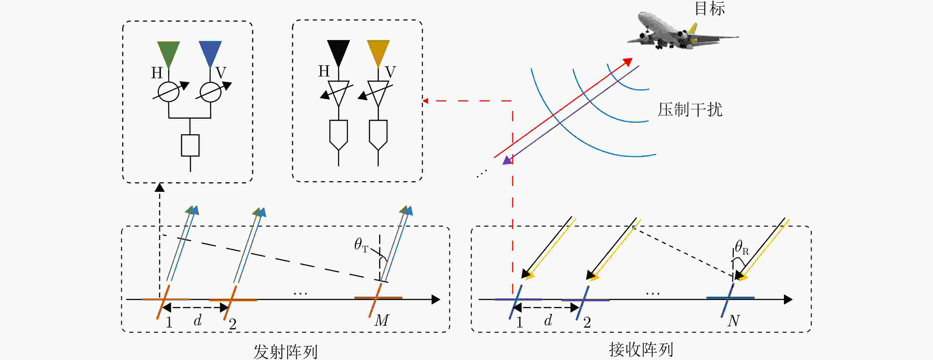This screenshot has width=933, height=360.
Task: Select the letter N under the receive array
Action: coord(733,321)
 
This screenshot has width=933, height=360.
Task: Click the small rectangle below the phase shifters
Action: coord(190,145)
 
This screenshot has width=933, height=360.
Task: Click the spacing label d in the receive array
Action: coord(548,321)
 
